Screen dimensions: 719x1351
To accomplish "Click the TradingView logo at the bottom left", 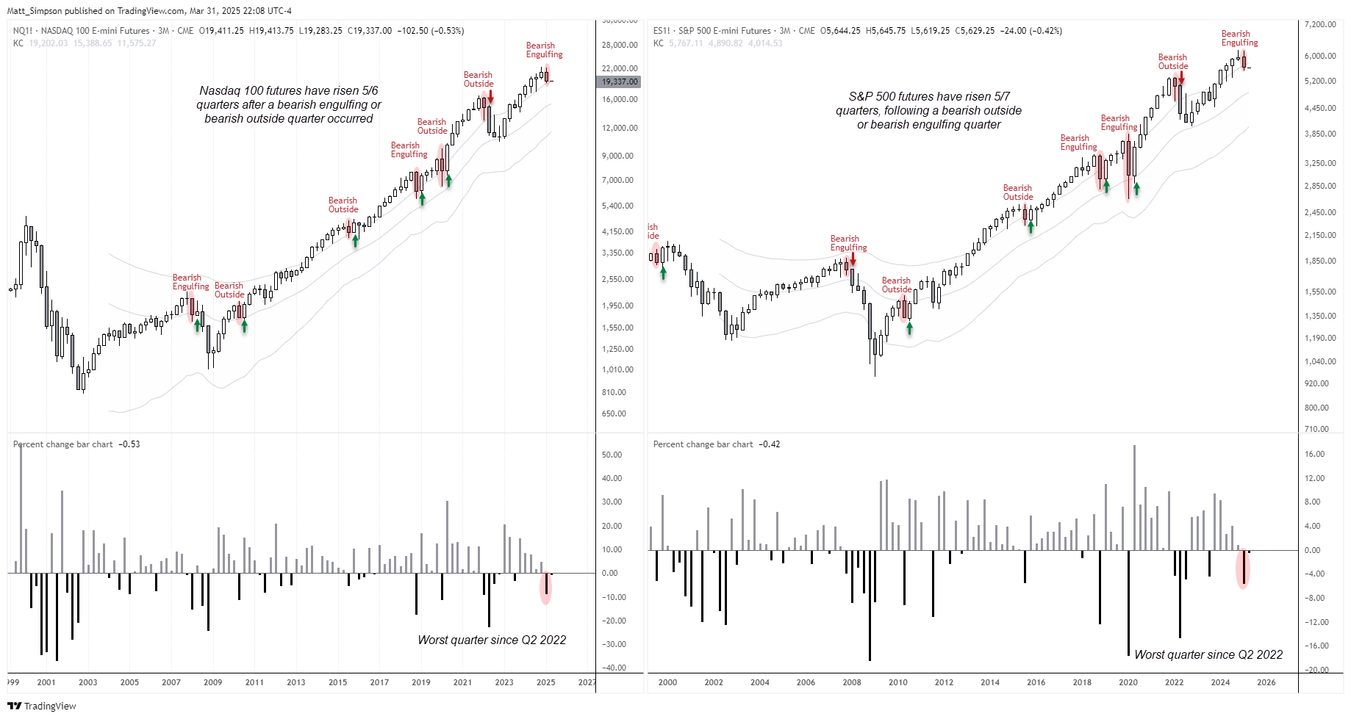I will coord(41,706).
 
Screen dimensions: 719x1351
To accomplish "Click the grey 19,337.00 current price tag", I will coord(619,82).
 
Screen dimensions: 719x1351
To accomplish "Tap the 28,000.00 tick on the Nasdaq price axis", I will coord(619,45).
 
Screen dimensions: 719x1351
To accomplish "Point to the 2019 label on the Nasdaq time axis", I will coord(420,682).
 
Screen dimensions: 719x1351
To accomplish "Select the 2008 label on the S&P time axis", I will coord(851,682).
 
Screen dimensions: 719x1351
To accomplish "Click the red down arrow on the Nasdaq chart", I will coord(490,97).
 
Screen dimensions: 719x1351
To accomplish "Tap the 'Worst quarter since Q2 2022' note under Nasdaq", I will coord(492,640).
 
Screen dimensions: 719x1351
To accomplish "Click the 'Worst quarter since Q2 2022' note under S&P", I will coord(1208,654).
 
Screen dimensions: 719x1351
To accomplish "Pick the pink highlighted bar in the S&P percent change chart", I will coord(1243,568).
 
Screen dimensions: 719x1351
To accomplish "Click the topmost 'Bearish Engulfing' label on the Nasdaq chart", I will coord(544,50).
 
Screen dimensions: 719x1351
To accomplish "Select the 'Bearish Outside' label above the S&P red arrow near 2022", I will coord(1172,62).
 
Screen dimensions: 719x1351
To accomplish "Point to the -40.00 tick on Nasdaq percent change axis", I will coord(613,668).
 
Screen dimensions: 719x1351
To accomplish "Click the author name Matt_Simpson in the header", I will coord(35,11).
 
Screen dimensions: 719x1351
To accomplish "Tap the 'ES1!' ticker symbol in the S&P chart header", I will coord(662,31).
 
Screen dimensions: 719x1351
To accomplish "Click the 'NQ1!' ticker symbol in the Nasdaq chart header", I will coord(23,31).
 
